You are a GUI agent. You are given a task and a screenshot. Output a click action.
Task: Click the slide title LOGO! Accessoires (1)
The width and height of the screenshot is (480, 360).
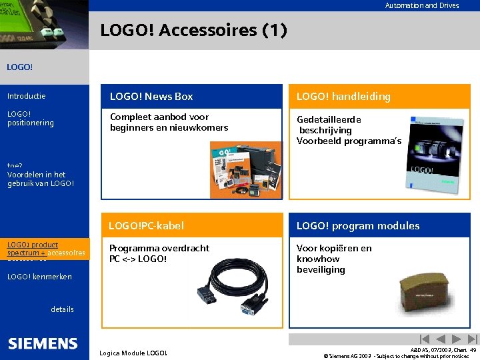[193, 31]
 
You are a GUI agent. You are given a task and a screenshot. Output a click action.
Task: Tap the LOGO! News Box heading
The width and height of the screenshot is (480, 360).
[151, 97]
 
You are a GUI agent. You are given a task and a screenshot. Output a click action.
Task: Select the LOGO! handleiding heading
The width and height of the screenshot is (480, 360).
[343, 97]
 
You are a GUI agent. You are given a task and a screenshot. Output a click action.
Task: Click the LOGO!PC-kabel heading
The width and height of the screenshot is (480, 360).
[146, 226]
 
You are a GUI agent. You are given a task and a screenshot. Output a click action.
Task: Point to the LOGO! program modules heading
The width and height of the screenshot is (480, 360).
[358, 226]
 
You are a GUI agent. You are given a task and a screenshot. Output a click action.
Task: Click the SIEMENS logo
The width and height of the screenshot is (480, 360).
[43, 344]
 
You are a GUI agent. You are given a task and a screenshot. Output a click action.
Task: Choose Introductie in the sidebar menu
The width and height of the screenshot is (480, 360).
[27, 97]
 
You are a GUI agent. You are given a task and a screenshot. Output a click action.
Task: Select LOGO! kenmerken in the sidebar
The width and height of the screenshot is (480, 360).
[39, 277]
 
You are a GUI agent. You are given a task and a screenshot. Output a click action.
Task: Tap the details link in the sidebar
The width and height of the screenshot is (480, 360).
[63, 309]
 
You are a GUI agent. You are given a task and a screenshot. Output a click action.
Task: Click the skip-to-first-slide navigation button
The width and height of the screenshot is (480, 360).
[423, 339]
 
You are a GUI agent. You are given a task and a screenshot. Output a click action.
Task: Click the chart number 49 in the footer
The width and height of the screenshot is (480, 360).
[472, 349]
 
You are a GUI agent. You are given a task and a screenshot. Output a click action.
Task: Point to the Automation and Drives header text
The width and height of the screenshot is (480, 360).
[421, 5]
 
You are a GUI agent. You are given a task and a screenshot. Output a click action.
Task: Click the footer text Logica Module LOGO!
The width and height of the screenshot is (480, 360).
[133, 353]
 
